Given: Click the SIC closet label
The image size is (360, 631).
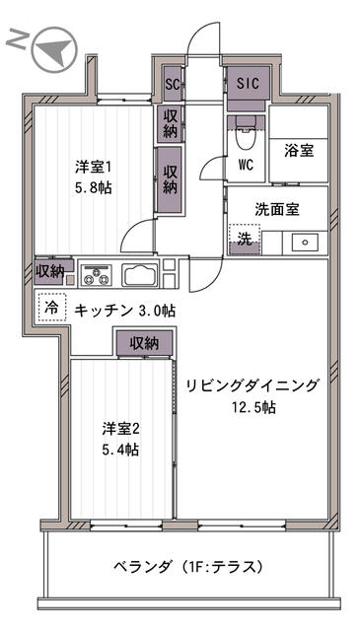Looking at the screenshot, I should click(x=247, y=84).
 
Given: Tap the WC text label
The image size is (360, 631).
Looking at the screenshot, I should click(x=245, y=165).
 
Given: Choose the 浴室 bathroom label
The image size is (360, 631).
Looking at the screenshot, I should click(x=299, y=152).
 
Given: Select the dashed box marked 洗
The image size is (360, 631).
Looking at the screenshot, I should click(x=242, y=239).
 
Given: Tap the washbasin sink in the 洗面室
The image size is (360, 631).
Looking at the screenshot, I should click(x=304, y=241).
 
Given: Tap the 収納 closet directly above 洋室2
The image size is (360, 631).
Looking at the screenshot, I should click(x=144, y=343).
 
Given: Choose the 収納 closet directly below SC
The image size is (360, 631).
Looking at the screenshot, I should click(x=171, y=124).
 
